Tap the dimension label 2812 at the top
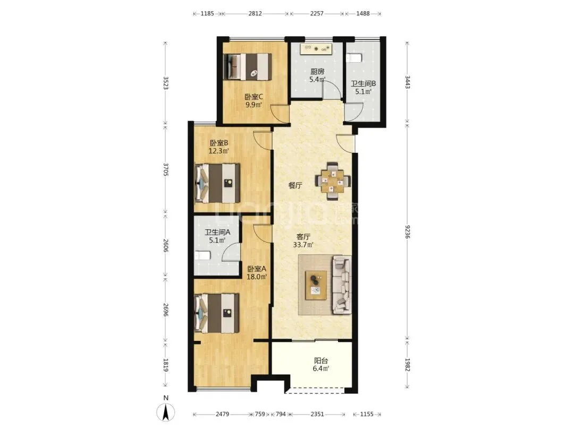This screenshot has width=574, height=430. [x=255, y=13]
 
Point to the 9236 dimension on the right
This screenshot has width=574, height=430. [x=408, y=231]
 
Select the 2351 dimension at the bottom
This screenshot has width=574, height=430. [x=317, y=414]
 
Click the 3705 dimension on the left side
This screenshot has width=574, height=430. [x=165, y=169]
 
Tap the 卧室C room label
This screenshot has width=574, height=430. [x=254, y=97]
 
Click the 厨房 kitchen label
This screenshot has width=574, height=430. [x=317, y=72]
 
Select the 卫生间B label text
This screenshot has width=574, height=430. [x=363, y=84]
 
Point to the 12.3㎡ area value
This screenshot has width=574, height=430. [x=218, y=151]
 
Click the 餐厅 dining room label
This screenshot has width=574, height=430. [x=295, y=185]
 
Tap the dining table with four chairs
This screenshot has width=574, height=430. [x=333, y=180]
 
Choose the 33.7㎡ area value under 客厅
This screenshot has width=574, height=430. [x=303, y=245]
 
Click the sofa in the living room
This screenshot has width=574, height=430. [x=342, y=285]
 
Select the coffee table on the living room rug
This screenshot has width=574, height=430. [x=316, y=285]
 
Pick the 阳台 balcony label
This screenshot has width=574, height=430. [x=320, y=360]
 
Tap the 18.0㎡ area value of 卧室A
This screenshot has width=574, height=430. [x=257, y=277]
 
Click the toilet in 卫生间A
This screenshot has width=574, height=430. [x=202, y=255]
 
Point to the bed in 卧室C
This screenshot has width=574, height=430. [x=248, y=66]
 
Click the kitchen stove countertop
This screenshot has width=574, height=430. [x=316, y=49]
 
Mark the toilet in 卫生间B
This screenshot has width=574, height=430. [x=354, y=57]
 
